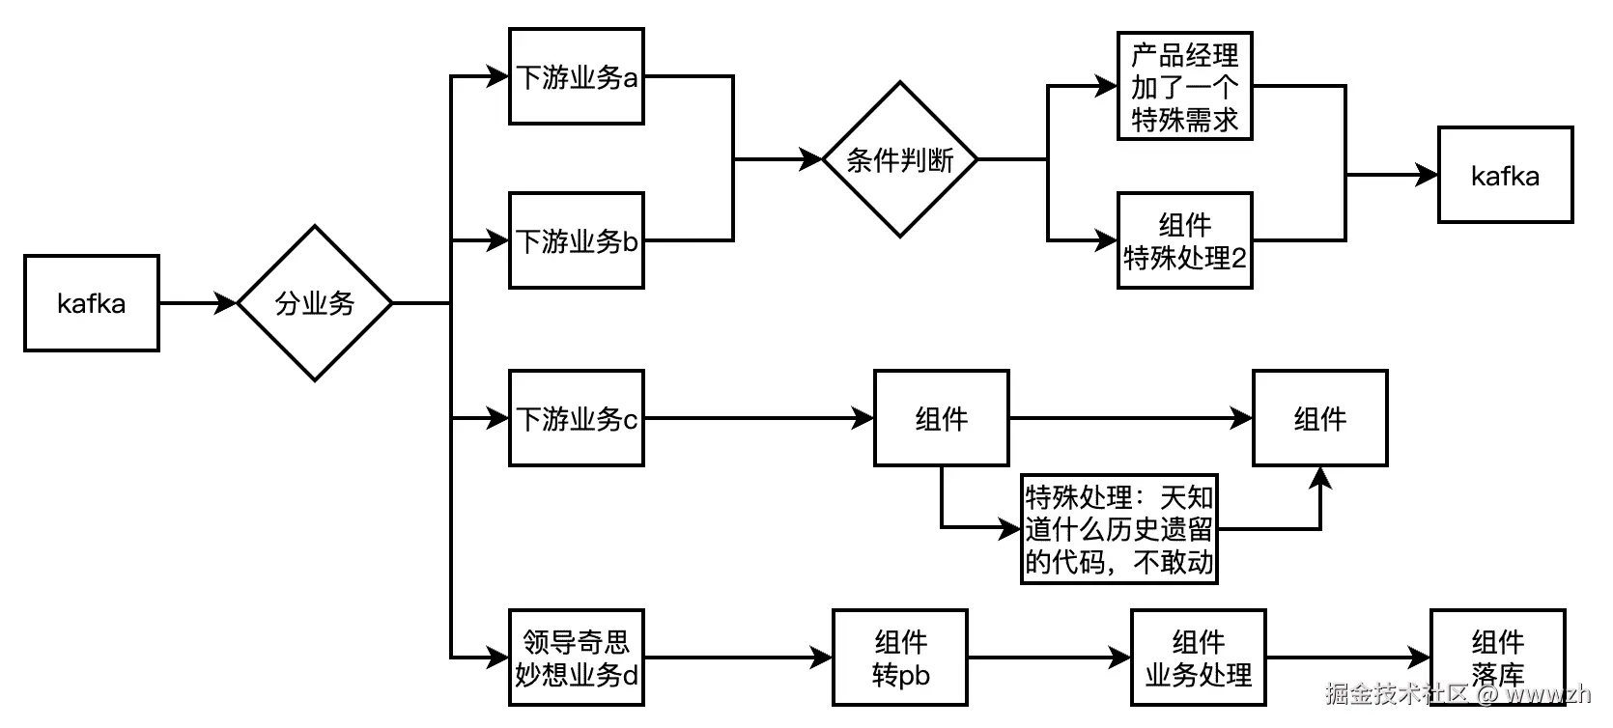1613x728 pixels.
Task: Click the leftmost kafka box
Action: [92, 303]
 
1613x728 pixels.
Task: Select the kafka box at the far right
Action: [1505, 175]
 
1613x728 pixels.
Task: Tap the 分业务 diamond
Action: [315, 303]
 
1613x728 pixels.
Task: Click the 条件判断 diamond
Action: [899, 159]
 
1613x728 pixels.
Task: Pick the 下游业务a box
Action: [577, 76]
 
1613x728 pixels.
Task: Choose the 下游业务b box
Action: [577, 240]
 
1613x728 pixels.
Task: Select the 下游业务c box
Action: [577, 418]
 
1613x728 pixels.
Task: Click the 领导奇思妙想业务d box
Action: [577, 658]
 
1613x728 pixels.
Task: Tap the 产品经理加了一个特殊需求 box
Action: [1184, 86]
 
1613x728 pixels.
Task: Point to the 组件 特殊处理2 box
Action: [1184, 240]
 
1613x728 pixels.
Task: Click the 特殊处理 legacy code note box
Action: [1118, 529]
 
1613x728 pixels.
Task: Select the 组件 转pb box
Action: [900, 658]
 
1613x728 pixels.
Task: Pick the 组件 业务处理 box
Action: [1198, 658]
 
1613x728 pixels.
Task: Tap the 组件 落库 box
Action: [1497, 658]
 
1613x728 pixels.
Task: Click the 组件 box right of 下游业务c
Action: [942, 418]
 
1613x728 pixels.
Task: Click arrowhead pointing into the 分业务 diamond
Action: [227, 303]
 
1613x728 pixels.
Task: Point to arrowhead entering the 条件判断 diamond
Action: [812, 159]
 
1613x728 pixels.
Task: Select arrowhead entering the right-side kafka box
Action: [1428, 175]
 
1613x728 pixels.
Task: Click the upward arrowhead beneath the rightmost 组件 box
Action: [1320, 478]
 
